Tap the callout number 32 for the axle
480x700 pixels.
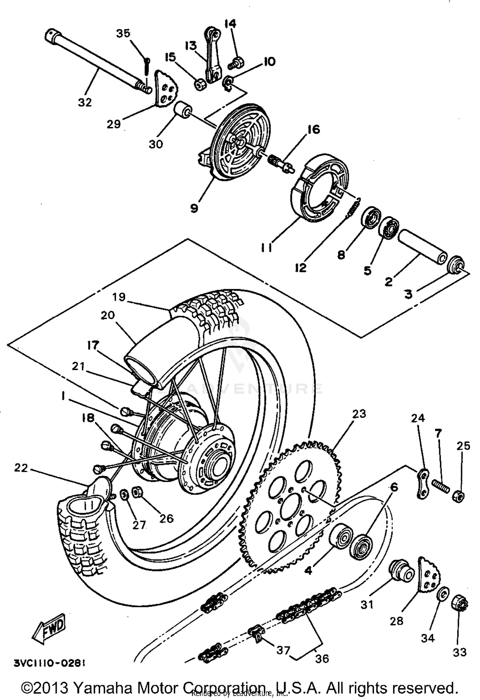point(84,102)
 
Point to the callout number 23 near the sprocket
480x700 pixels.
point(359,414)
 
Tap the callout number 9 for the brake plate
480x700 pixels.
point(194,208)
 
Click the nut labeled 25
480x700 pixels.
point(459,496)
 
